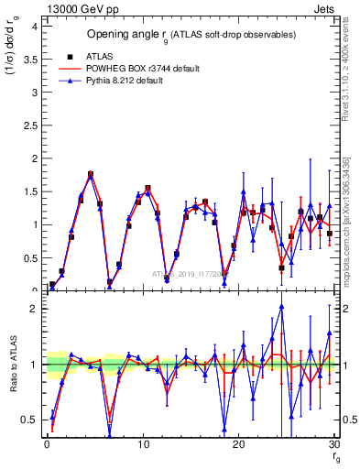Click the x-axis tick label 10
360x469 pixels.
coord(143,444)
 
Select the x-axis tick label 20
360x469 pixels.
coord(239,444)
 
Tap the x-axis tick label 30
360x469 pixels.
coord(334,444)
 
